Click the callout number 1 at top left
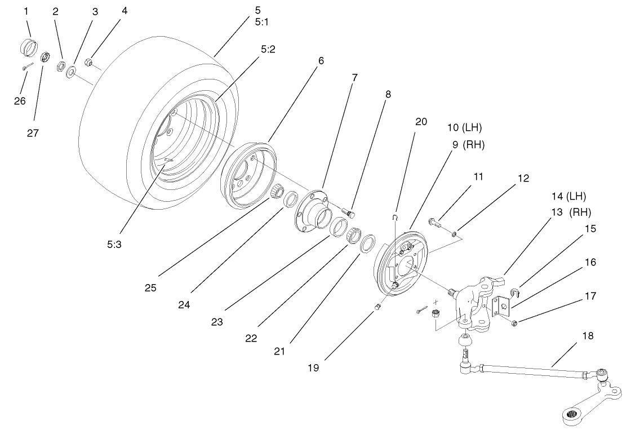(x=26, y=11)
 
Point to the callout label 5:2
(x=268, y=49)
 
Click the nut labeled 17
(x=515, y=322)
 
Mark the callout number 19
(x=313, y=367)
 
